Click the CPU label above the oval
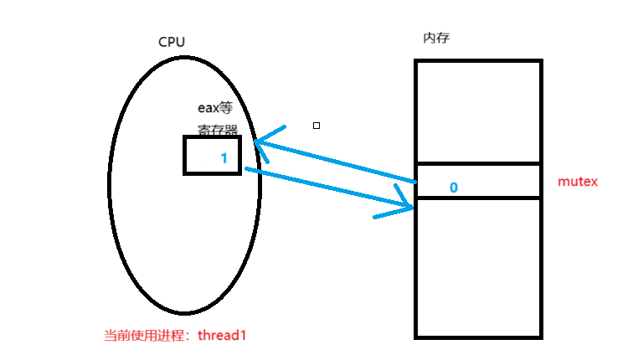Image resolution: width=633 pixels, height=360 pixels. coord(172,42)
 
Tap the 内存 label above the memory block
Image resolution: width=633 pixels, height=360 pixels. coord(438,39)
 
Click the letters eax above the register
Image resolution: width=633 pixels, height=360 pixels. coord(208,108)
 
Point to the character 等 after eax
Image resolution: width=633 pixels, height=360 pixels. coord(225,108)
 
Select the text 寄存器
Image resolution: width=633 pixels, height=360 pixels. coord(218,131)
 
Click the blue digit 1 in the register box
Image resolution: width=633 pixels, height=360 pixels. coord(224,157)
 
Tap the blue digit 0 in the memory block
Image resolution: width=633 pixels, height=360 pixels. coord(453,188)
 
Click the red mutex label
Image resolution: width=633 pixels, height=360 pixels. coord(577,181)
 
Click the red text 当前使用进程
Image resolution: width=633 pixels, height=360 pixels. coord(145,335)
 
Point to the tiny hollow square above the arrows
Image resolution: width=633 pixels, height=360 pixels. coord(316,126)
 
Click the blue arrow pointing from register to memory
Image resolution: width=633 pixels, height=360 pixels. coord(327,188)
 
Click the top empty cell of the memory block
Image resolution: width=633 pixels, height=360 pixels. coord(478,112)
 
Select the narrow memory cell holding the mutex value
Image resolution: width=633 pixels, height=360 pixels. coord(502,181)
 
